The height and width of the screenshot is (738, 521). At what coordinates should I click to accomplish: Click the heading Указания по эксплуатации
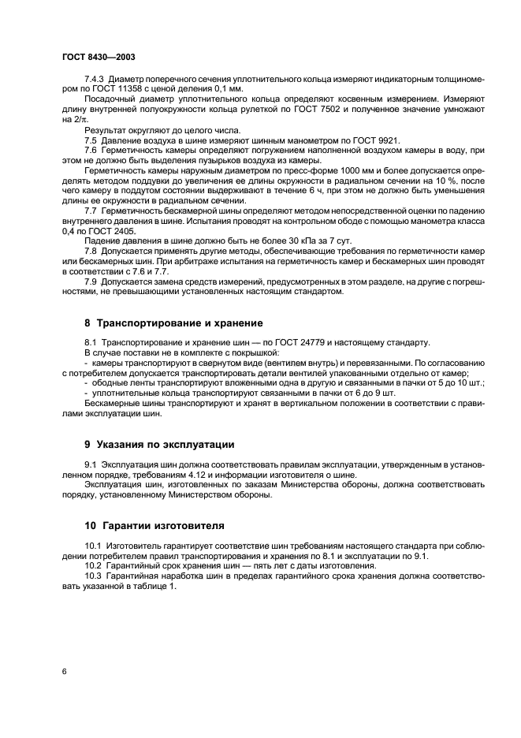coord(166,445)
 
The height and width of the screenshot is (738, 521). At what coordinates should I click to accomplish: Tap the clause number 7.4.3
coord(95,80)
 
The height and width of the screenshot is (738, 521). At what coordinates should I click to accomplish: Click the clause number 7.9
coord(89,282)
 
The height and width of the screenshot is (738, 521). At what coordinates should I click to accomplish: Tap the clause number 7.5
coord(89,140)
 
